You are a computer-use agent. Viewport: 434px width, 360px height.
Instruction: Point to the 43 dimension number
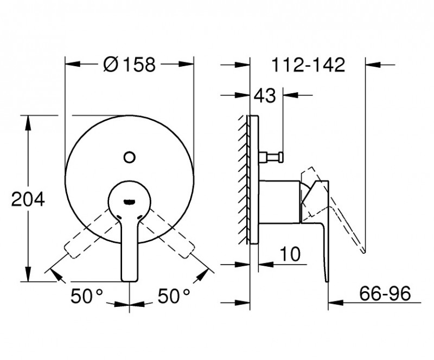click(x=265, y=96)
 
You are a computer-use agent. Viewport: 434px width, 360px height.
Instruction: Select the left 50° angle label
click(x=87, y=295)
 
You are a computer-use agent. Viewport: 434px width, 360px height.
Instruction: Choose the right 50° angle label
click(x=174, y=295)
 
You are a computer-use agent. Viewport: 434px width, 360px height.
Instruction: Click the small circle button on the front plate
click(x=129, y=157)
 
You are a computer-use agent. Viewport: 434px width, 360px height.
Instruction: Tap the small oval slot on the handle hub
click(x=129, y=201)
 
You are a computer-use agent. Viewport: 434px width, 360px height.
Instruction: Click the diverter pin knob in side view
click(x=278, y=157)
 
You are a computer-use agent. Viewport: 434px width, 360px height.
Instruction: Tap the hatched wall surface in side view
click(x=242, y=179)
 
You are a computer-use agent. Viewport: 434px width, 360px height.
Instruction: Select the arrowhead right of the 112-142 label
click(x=374, y=65)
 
